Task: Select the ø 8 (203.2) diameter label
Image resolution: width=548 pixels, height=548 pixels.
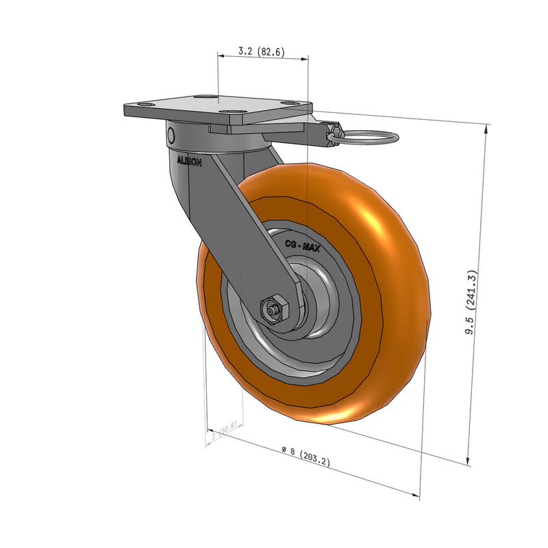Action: tap(306, 456)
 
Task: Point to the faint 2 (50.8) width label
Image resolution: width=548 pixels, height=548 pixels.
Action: tap(224, 431)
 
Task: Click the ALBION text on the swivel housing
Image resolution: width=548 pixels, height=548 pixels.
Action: tap(190, 162)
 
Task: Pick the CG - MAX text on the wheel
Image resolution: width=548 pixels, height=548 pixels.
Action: tap(302, 244)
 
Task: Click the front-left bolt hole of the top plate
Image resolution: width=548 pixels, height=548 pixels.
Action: tap(147, 104)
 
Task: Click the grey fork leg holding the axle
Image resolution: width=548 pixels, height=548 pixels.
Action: tap(247, 233)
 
